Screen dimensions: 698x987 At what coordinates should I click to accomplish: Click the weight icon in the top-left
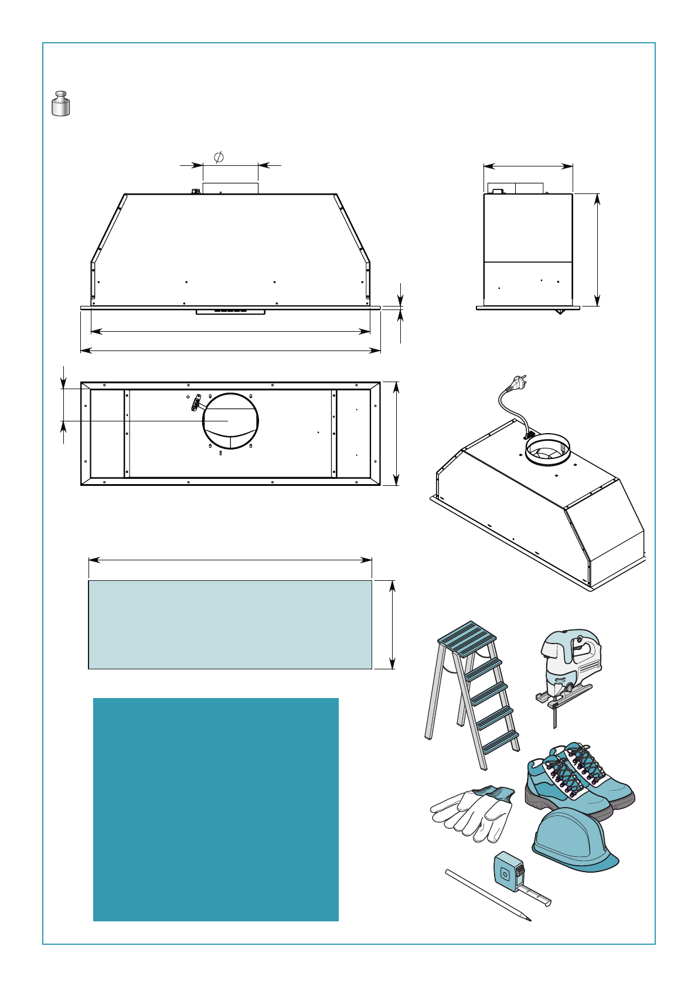60,104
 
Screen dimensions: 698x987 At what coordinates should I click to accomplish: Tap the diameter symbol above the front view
219,157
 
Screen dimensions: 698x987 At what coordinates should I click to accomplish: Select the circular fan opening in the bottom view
230,421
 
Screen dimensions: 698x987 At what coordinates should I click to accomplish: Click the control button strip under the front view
230,311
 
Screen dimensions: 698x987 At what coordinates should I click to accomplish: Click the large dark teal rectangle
216,809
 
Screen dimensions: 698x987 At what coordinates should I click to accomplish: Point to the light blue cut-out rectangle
230,624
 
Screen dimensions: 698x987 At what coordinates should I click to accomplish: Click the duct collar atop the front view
230,188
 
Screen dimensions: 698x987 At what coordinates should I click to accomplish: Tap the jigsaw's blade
554,716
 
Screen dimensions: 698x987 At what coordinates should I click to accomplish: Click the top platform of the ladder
467,633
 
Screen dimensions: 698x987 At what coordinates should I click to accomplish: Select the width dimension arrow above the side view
528,166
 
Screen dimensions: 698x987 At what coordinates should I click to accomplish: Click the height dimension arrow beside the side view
597,250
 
